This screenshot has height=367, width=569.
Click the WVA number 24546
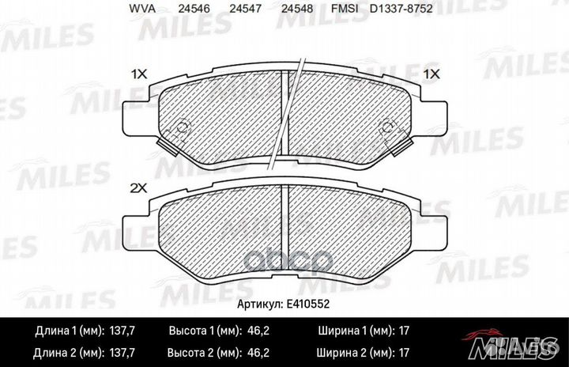(194, 9)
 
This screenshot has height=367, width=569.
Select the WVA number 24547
(245, 9)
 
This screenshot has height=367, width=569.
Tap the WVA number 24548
(297, 9)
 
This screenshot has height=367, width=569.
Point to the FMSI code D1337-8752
(401, 9)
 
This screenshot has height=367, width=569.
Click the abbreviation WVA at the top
(142, 9)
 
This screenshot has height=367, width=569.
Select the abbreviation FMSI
(345, 9)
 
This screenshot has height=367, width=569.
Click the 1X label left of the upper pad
(139, 74)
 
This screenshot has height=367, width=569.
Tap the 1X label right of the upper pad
(431, 74)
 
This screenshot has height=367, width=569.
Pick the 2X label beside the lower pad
(138, 188)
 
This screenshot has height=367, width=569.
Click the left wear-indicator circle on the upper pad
(183, 128)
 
